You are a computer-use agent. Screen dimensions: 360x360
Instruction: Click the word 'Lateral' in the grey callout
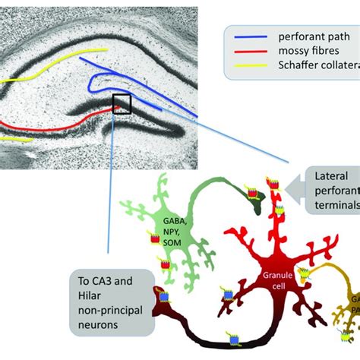pyautogui.click(x=334, y=177)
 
